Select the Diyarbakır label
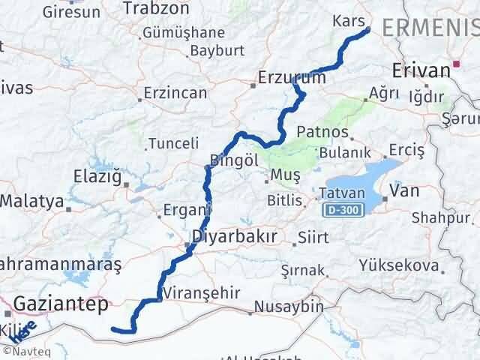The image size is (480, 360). click(x=235, y=237)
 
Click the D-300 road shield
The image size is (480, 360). click(x=340, y=211)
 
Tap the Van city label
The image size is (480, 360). click(x=405, y=191)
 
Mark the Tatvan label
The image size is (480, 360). click(x=341, y=193)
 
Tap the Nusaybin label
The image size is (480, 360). click(x=289, y=307)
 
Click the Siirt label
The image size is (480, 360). click(x=313, y=238)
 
